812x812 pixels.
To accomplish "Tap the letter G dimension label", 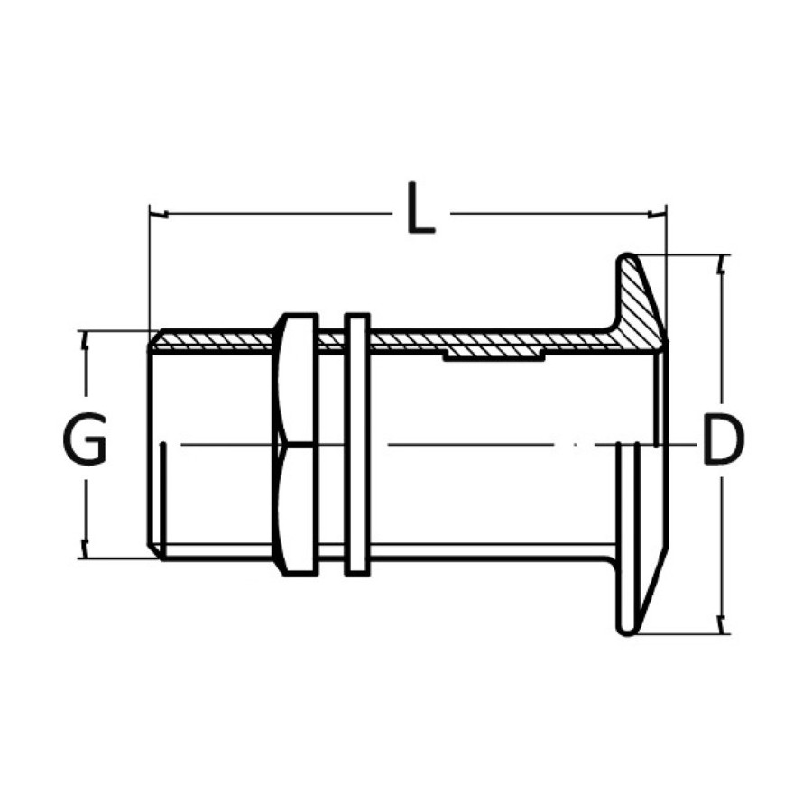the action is (x=85, y=438).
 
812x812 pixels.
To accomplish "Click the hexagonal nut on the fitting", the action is (x=296, y=444).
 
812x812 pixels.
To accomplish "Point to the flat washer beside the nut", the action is (x=357, y=444).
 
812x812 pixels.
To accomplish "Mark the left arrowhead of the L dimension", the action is (x=157, y=213).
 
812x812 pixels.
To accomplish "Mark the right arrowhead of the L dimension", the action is (x=658, y=213).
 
